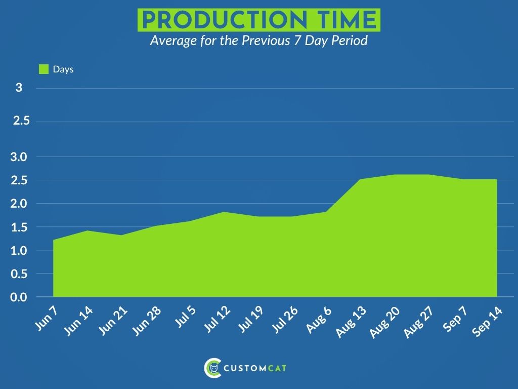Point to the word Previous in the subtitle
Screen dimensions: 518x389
click(x=266, y=41)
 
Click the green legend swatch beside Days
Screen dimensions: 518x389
click(x=44, y=69)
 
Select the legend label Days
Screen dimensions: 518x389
click(x=63, y=69)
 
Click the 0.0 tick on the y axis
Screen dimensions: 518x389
click(x=19, y=297)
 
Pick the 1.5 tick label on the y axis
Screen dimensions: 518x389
click(x=19, y=227)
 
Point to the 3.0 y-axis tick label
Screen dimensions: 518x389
click(x=19, y=157)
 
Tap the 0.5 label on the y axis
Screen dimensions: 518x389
click(x=19, y=274)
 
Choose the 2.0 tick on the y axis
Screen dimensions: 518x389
click(x=19, y=204)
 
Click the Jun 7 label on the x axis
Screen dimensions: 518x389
click(x=46, y=318)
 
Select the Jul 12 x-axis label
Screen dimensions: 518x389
click(x=217, y=319)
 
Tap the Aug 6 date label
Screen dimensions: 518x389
click(x=319, y=319)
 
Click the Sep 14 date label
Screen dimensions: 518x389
click(x=487, y=321)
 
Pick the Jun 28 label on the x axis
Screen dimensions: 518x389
click(x=146, y=321)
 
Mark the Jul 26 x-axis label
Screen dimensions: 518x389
click(x=284, y=319)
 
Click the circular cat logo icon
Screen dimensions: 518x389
click(x=212, y=368)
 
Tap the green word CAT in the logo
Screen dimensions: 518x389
click(x=277, y=368)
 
